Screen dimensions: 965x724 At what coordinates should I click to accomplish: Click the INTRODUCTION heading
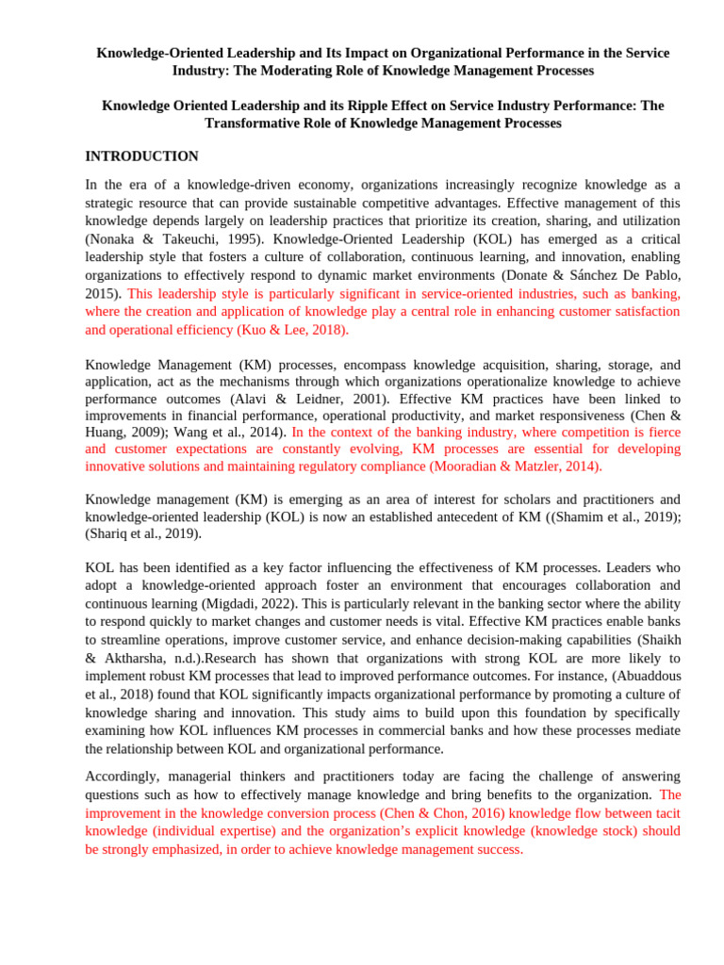pyautogui.click(x=141, y=156)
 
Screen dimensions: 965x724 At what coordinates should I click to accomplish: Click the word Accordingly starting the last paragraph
pyautogui.click(x=122, y=777)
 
